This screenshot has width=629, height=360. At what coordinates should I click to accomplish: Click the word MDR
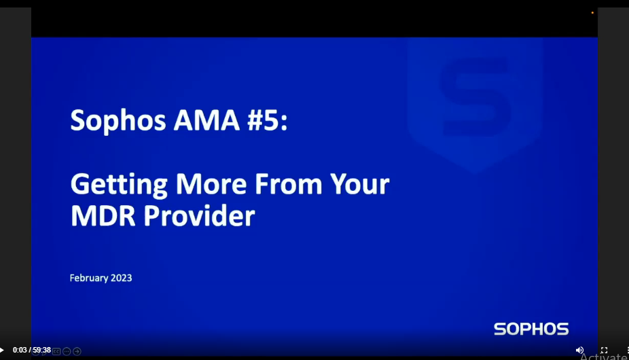coord(103,216)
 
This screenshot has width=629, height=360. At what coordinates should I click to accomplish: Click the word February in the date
coord(89,278)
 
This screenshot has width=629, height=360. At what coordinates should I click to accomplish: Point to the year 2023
coord(122,278)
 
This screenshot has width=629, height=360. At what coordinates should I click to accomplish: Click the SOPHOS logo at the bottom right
coord(531,329)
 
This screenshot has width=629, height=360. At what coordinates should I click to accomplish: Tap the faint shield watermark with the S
coord(475,102)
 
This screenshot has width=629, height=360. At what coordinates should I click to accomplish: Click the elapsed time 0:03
coord(19,350)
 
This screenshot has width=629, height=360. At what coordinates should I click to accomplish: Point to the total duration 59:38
coord(42,350)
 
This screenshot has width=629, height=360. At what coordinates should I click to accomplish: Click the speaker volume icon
coord(579,350)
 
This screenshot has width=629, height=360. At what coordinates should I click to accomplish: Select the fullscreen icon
coord(604,350)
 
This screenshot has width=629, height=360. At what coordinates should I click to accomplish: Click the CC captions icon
coord(56,351)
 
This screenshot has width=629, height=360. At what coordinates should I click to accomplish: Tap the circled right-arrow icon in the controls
coord(77,351)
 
